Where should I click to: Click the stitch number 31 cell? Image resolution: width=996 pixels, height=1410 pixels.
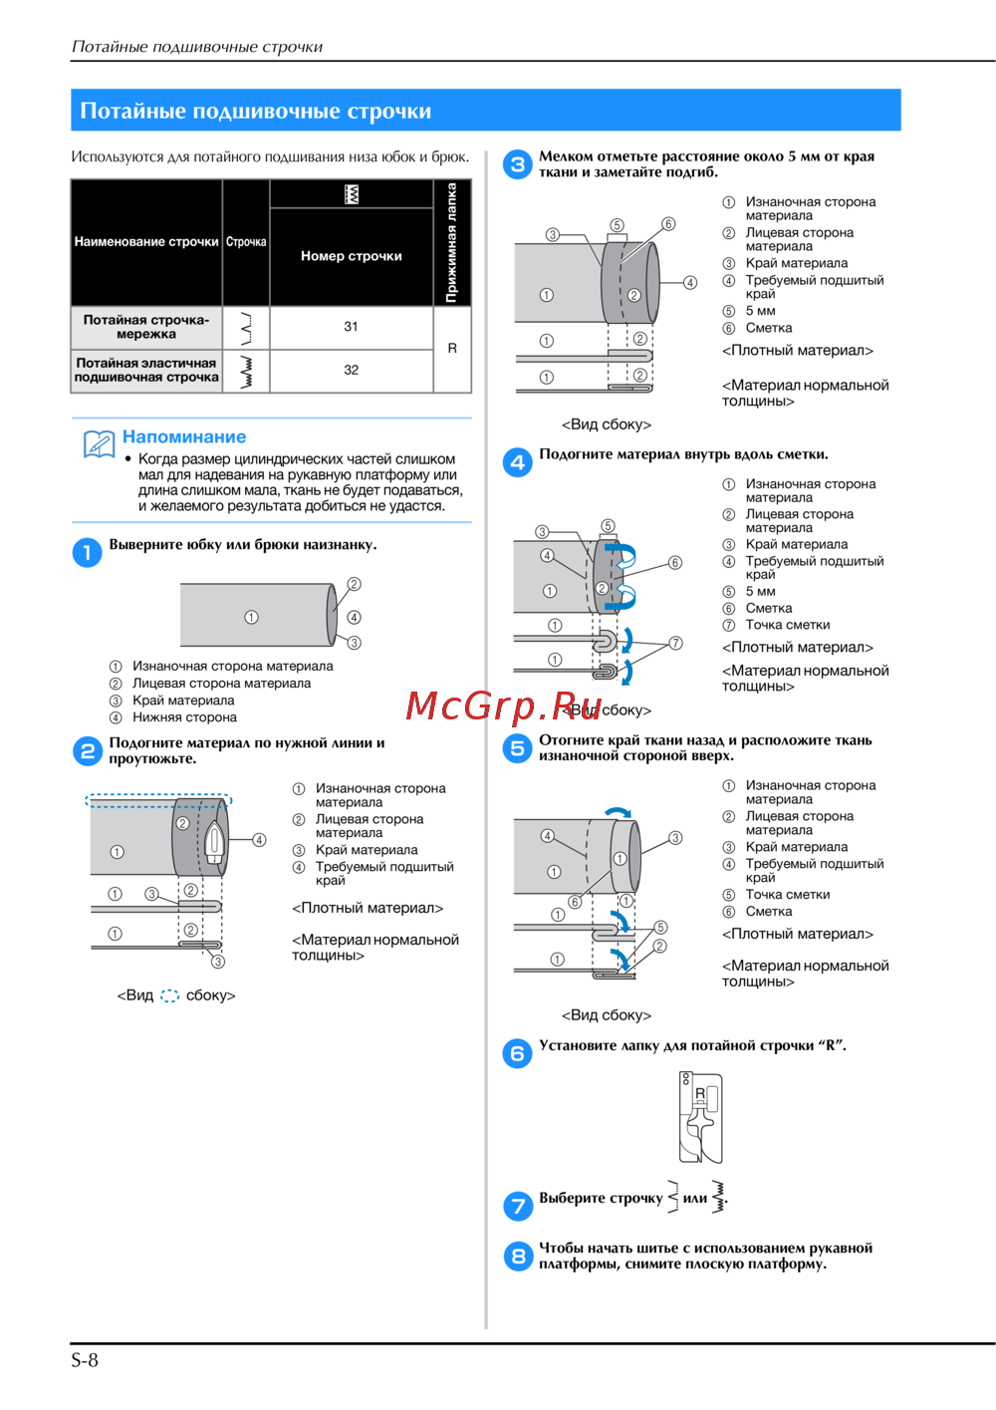(351, 327)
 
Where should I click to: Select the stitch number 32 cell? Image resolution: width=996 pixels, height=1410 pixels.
(351, 370)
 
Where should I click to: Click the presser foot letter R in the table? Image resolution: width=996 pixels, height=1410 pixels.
(452, 348)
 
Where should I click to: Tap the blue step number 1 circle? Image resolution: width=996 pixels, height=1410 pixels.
(88, 552)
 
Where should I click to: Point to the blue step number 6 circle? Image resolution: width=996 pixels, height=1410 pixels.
(517, 1053)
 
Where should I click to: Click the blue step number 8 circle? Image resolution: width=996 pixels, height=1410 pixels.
(518, 1256)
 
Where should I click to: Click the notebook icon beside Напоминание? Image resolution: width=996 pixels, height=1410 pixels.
(99, 443)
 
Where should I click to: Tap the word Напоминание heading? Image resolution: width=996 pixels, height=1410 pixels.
(184, 436)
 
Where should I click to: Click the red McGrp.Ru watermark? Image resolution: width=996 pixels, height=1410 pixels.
(503, 706)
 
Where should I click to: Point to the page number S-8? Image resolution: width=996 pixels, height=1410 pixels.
(85, 1360)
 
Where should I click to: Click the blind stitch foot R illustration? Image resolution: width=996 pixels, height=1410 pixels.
(700, 1117)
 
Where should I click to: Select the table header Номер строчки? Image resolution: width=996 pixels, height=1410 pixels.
(351, 255)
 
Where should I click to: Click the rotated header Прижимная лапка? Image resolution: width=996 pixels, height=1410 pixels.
(451, 242)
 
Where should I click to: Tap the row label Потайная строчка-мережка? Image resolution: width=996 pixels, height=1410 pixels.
(146, 327)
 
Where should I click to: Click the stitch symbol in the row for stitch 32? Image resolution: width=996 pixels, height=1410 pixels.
(246, 372)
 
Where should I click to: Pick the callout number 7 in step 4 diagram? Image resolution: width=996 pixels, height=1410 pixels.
(675, 643)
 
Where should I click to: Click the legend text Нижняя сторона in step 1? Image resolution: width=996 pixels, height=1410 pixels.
(184, 717)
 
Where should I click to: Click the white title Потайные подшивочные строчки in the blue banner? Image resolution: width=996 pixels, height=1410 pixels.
(255, 111)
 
